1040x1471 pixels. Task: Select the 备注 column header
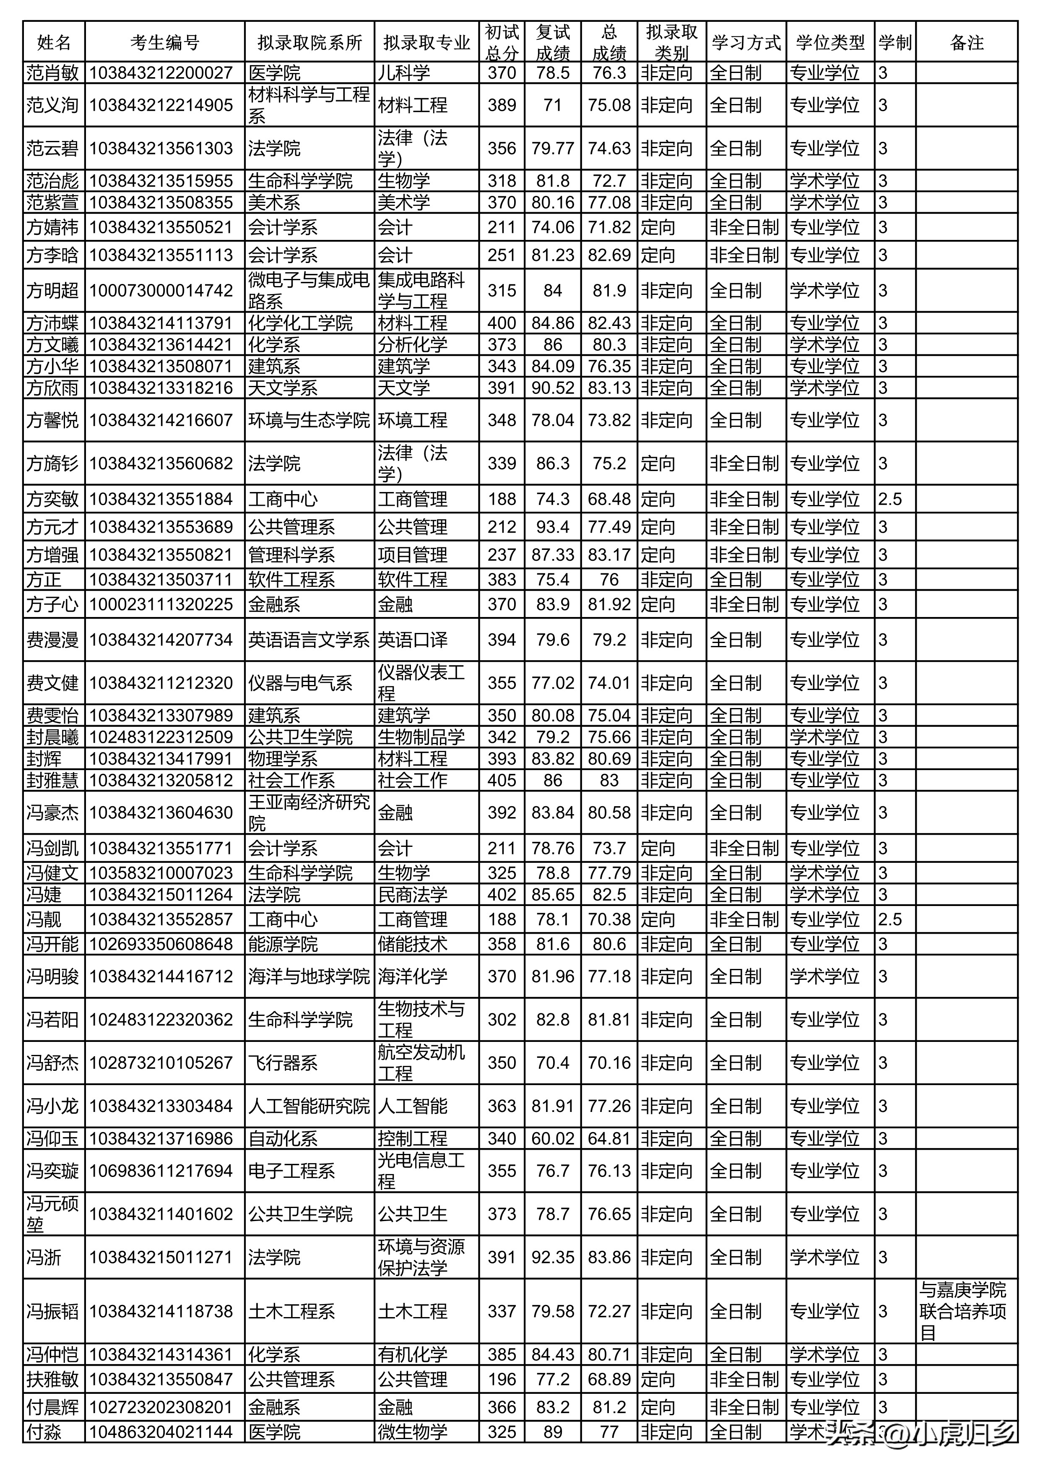(x=966, y=43)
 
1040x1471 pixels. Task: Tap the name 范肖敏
(x=52, y=73)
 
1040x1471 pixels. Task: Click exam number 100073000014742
(x=161, y=291)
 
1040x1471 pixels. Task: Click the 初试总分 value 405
(x=502, y=780)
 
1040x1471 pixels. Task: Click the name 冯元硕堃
(x=52, y=1214)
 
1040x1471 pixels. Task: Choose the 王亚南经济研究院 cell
(x=309, y=812)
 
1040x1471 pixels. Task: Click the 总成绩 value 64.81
(x=608, y=1138)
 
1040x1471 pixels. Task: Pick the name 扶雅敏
(x=52, y=1380)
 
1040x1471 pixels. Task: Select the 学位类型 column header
(x=830, y=43)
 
